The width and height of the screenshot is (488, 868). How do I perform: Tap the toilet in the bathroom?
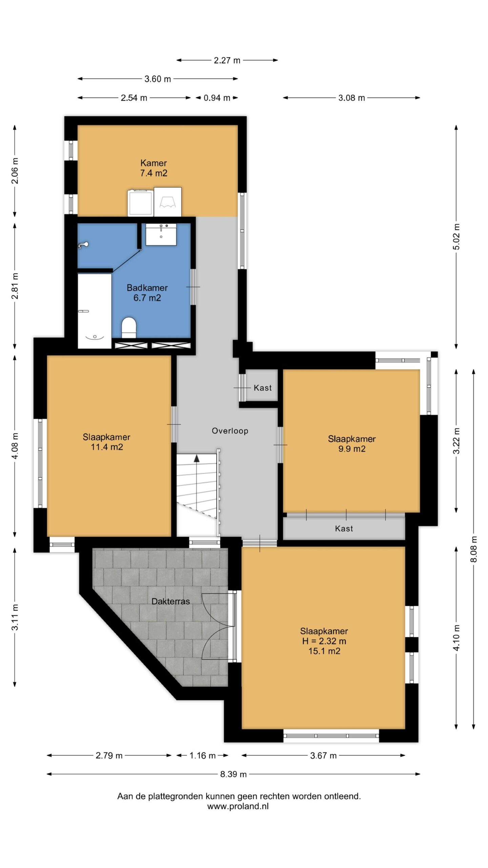coord(129,328)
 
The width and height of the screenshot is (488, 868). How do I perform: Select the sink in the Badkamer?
coord(161,234)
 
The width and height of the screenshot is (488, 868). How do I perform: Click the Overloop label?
coord(230,431)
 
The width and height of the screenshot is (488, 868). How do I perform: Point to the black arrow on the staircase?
coord(197,459)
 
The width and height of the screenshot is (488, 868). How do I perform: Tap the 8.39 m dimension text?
coord(233,774)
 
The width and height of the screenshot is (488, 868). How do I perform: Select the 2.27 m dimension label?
coord(227,60)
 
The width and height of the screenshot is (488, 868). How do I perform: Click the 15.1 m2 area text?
coord(324,651)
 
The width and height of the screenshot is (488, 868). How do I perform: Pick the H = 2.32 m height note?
coord(324,641)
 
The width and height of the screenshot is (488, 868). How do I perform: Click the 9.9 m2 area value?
coord(352,449)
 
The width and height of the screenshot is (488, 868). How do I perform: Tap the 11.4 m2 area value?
coord(107,447)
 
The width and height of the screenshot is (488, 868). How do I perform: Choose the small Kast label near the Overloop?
coord(263,388)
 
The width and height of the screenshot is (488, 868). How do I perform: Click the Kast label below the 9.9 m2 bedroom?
coord(344,528)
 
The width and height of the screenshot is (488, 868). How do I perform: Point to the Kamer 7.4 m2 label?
coord(154,168)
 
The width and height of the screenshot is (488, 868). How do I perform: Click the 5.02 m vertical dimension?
coord(456,237)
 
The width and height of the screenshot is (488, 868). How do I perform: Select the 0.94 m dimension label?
coord(217,98)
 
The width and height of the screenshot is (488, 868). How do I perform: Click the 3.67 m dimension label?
coord(323,755)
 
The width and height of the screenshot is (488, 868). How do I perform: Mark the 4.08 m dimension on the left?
coord(15,446)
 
